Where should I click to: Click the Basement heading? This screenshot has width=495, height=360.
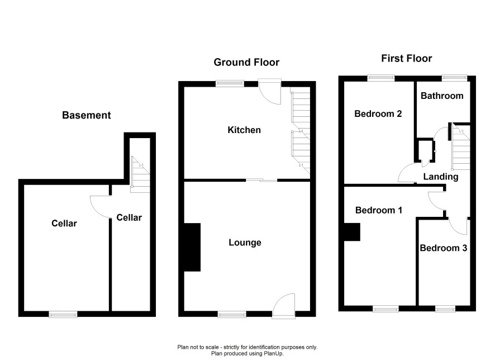coord(86,115)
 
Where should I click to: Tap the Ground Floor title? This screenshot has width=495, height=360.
coord(246,62)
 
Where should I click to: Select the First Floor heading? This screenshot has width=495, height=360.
coord(406,59)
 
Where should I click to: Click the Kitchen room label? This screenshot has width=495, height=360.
coord(244,130)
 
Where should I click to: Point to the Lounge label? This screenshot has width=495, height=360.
coord(245,243)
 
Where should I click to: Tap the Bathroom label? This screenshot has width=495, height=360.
coord(442,96)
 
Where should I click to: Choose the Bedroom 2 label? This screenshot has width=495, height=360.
coord(378,113)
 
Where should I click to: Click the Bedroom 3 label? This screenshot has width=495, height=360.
coord(443,248)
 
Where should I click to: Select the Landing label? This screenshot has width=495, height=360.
coord(441,177)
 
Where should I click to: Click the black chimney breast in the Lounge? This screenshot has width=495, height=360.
coord(192,247)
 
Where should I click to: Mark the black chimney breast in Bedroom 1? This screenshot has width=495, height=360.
coord(351,232)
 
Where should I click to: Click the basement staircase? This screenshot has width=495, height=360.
coord(140,174)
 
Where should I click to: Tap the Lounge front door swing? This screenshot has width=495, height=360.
coord(283,306)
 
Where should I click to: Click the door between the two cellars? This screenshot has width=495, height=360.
coord(101,207)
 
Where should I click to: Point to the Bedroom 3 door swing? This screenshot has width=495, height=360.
coord(458,226)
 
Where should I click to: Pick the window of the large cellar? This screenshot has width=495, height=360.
coord(63,314)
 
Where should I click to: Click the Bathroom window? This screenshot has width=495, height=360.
coord(454,77)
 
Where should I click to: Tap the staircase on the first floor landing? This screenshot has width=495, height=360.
coord(461,147)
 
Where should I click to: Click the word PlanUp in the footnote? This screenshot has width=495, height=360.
coord(273,354)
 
